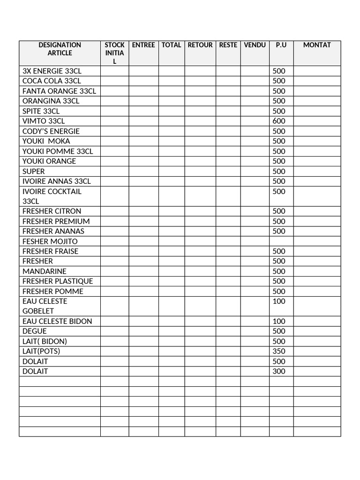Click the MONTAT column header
(317, 45)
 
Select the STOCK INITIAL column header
(114, 53)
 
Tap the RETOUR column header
(200, 45)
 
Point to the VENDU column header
(255, 45)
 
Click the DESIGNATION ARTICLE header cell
(60, 49)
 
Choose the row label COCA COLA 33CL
(52, 81)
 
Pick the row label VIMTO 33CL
(44, 121)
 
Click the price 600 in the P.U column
(279, 121)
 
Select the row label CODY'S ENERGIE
(51, 131)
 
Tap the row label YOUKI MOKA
(46, 141)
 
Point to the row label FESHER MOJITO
(50, 241)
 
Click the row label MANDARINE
(45, 271)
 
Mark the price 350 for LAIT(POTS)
(279, 351)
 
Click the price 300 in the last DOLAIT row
(279, 371)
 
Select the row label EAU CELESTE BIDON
(57, 321)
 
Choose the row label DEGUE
(35, 331)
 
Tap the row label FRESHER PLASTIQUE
(58, 281)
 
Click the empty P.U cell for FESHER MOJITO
(281, 241)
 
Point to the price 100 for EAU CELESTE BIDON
(279, 321)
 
